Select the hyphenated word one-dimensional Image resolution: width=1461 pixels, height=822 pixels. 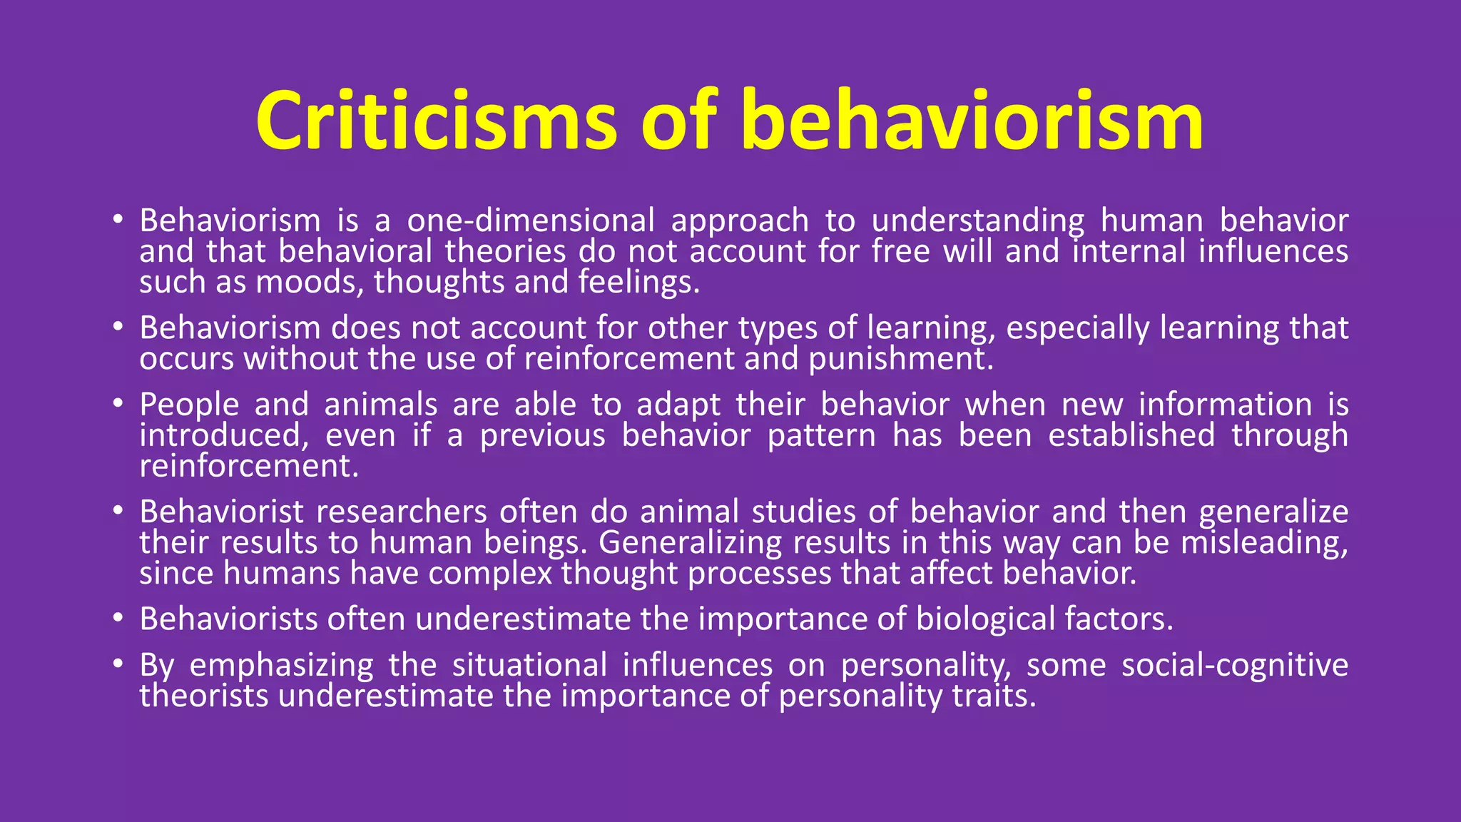[x=531, y=220]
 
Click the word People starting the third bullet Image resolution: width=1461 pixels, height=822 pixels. [x=189, y=405]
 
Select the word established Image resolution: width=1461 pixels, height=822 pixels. [x=1131, y=435]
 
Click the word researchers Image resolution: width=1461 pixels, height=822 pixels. [x=402, y=512]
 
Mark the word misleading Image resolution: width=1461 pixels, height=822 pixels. [x=1263, y=543]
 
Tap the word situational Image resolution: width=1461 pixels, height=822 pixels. [x=529, y=665]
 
